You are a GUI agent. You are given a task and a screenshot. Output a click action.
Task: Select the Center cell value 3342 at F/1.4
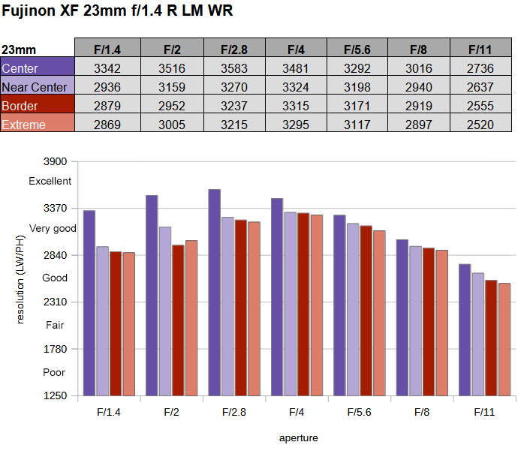pyautogui.click(x=107, y=68)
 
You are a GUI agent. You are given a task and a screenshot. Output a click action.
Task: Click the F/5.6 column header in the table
pyautogui.click(x=357, y=50)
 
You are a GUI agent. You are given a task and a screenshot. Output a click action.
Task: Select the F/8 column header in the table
pyautogui.click(x=418, y=50)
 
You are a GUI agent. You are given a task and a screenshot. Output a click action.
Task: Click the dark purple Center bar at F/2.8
pyautogui.click(x=214, y=292)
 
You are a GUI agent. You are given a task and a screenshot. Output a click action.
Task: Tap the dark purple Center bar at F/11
pyautogui.click(x=465, y=329)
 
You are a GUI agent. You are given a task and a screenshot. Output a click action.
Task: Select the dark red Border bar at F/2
pyautogui.click(x=178, y=320)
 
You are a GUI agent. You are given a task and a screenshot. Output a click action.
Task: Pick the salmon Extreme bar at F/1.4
pyautogui.click(x=129, y=323)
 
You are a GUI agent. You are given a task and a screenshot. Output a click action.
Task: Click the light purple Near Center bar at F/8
pyautogui.click(x=415, y=320)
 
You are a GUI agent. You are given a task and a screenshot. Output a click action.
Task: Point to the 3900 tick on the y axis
pyautogui.click(x=56, y=161)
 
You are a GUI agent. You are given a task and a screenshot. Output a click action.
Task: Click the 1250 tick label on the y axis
pyautogui.click(x=56, y=395)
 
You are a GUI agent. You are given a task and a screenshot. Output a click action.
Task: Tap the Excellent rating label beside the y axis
pyautogui.click(x=50, y=181)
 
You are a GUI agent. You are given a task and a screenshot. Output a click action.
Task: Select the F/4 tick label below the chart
pyautogui.click(x=296, y=412)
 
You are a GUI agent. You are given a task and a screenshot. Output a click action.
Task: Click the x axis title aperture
pyautogui.click(x=298, y=437)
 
